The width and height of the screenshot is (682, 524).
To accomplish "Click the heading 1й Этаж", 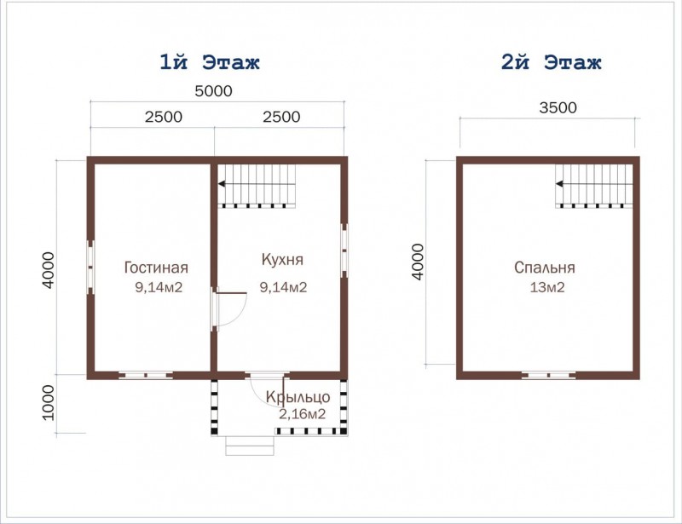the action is tap(210, 62).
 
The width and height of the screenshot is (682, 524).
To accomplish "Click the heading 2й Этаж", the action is tap(551, 62).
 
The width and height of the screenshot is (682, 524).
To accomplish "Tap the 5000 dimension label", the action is tap(213, 91).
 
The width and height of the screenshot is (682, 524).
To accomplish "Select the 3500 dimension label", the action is tap(558, 108).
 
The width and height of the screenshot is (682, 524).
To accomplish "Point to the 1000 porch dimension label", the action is tap(49, 403).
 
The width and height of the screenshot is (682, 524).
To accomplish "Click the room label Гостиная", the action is tap(156, 268).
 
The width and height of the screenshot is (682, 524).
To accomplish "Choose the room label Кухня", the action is tap(282, 260).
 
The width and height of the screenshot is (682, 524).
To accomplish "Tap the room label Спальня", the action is tap(545, 268).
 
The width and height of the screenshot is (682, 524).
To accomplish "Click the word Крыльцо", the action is tap(298, 396).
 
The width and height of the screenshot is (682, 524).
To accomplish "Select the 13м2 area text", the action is tap(547, 287).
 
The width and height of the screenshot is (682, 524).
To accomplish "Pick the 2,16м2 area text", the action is tap(302, 414).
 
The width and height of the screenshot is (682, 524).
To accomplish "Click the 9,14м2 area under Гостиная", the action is tap(159, 287).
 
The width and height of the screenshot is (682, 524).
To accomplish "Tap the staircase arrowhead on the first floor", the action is tap(222, 184).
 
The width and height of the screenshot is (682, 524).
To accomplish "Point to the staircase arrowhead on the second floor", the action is tap(559, 184).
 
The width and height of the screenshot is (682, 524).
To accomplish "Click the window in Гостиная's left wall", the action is tap(90, 268).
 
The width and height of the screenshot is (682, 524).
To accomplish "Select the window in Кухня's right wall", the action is tap(344, 250).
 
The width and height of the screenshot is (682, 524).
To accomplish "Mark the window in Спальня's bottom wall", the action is tap(548, 375).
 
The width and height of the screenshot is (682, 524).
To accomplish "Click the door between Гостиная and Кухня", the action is tap(229, 309).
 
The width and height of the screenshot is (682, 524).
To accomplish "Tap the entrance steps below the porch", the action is tap(250, 446).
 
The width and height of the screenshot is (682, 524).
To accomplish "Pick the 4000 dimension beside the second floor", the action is tap(417, 262).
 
